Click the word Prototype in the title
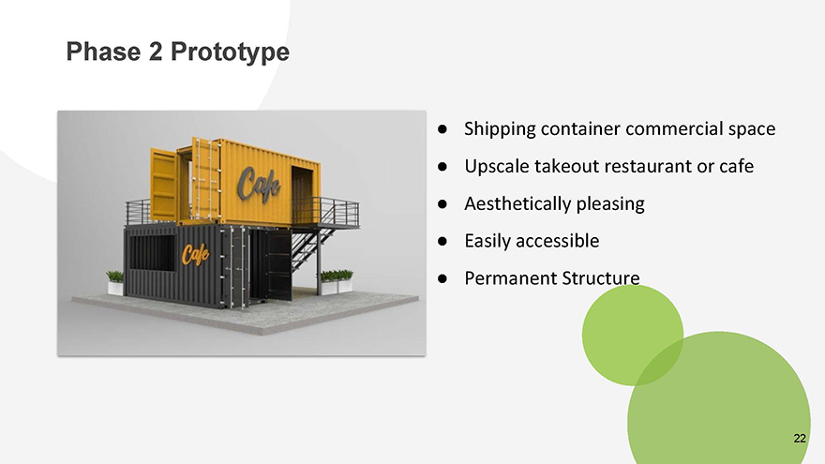pos(230,52)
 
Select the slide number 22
pos(799,439)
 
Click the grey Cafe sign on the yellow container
pos(258,184)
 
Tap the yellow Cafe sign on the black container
pos(195,254)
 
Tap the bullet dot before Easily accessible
pos(442,241)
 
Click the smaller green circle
pos(633,336)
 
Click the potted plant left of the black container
pos(115,283)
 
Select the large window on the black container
pos(152,252)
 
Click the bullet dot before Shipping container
pos(442,129)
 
